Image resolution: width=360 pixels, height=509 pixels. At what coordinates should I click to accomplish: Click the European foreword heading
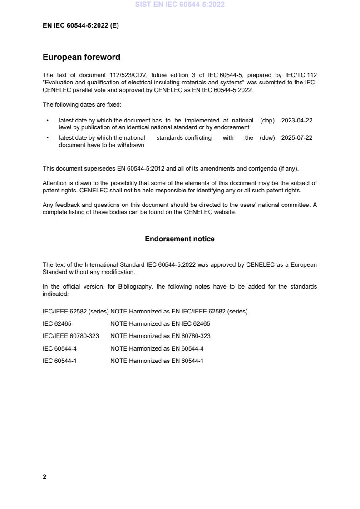(81, 57)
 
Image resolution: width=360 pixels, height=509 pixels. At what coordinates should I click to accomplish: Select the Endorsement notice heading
(180, 239)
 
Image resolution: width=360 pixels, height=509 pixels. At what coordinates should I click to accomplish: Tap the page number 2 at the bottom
(44, 477)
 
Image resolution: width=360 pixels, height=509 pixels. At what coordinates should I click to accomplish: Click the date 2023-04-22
(297, 121)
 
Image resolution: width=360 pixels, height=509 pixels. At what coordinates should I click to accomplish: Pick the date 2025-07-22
(297, 138)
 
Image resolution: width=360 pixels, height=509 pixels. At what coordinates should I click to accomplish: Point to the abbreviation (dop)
(267, 121)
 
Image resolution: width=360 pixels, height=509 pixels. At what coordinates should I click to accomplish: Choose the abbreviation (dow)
(267, 138)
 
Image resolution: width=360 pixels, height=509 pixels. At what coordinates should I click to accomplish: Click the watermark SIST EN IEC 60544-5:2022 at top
(180, 5)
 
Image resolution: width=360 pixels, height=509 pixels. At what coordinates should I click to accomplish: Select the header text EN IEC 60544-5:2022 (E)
(80, 26)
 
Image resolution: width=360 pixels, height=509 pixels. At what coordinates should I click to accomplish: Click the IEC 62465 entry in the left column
(57, 324)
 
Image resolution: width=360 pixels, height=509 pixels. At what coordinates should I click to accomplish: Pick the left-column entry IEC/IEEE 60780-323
(71, 336)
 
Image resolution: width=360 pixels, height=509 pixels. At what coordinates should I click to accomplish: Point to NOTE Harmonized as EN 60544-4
(157, 349)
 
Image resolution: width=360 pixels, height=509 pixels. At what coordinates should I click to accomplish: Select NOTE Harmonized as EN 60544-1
(157, 361)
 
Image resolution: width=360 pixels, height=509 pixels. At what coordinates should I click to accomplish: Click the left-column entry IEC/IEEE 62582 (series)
(75, 312)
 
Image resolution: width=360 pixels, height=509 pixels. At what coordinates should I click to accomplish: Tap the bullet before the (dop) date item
(48, 121)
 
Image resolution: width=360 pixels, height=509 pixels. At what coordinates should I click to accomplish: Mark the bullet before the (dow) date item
(48, 138)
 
